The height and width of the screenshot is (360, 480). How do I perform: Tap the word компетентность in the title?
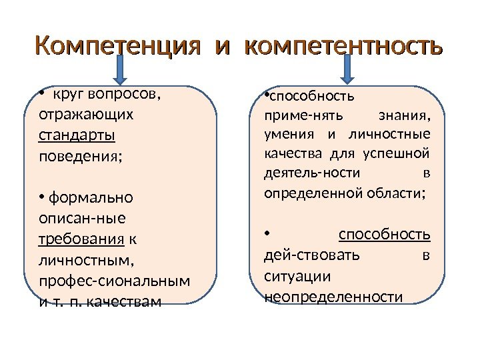[343, 47]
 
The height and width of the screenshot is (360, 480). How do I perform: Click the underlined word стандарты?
[77, 136]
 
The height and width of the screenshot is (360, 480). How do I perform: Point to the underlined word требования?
[82, 239]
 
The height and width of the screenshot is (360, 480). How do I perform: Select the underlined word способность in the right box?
[384, 235]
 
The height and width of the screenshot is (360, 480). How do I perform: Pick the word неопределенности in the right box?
[333, 296]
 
